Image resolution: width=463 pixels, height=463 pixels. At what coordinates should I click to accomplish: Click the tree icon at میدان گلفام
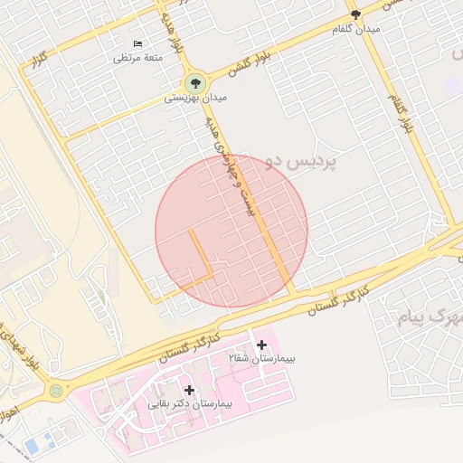click(x=355, y=14)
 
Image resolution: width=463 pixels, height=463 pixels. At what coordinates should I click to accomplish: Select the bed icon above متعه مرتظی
click(x=137, y=43)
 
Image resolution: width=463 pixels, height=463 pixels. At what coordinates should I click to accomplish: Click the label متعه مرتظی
click(x=137, y=57)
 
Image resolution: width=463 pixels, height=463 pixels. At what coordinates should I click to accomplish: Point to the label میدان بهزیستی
click(x=190, y=98)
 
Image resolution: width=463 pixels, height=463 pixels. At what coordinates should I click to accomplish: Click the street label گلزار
click(x=38, y=65)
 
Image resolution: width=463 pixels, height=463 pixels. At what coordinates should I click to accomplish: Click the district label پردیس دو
click(x=303, y=164)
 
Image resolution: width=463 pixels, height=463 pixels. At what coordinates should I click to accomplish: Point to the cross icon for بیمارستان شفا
click(x=262, y=345)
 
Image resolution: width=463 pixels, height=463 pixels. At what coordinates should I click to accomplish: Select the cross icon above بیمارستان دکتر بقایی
click(x=189, y=389)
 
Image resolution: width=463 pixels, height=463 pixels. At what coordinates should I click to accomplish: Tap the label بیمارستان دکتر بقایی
click(x=191, y=403)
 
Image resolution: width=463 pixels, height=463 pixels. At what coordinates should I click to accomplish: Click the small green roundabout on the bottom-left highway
click(x=57, y=391)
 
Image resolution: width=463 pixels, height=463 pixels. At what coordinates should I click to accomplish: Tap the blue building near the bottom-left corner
click(x=37, y=446)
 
